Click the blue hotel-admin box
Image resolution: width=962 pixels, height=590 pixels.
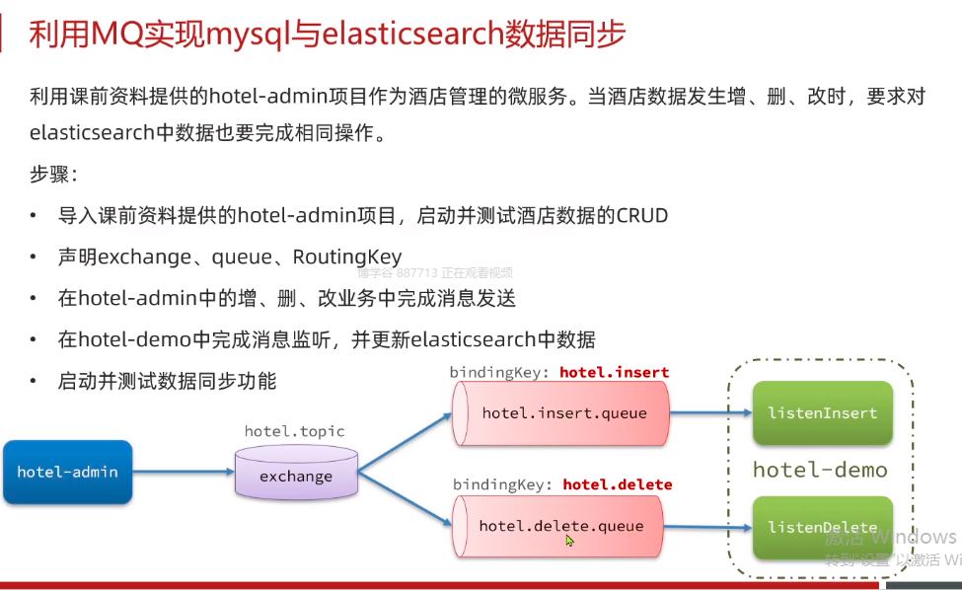67,472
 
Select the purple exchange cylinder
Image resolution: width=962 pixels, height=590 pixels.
296,477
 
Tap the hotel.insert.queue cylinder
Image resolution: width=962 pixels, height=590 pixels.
562,413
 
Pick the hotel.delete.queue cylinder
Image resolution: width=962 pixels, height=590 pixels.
560,526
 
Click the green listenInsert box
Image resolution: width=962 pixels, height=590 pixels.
822,412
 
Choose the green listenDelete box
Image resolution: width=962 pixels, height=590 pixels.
822,527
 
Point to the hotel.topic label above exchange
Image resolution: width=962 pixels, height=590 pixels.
295,431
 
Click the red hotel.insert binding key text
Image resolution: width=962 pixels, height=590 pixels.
614,372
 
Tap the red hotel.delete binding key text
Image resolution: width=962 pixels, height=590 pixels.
617,484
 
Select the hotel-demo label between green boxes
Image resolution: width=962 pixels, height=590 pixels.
820,470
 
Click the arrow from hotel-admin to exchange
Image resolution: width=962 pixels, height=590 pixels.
184,472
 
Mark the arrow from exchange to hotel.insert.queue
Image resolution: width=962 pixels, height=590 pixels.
405,440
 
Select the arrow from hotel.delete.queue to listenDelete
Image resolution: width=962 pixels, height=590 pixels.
708,526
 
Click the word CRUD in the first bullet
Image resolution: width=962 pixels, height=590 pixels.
642,215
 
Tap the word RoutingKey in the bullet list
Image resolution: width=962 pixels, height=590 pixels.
347,257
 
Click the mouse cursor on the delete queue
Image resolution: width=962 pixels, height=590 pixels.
569,540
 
